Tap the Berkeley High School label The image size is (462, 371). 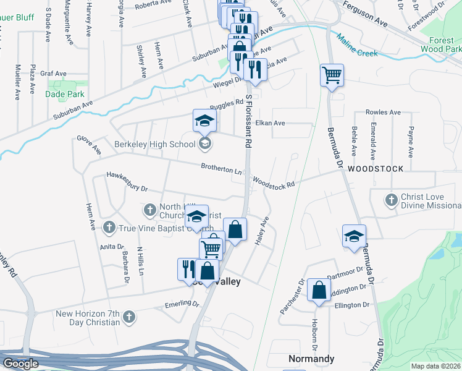coord(154,145)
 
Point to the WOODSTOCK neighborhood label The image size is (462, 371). coord(376,169)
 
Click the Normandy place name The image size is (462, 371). coord(311,359)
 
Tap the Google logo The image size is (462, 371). coord(20,364)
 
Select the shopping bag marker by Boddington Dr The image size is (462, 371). coord(318,291)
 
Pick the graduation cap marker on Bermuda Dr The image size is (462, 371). coord(355,237)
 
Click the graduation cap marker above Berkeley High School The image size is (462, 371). coord(204,121)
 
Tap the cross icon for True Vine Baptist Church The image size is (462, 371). coord(109,228)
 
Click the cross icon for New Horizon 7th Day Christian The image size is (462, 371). coord(129,317)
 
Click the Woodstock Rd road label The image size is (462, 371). coord(274,183)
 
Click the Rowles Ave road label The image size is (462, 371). coord(383,113)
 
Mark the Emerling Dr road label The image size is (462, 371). coord(182,305)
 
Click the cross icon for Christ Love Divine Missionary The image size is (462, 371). coord(390,200)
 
